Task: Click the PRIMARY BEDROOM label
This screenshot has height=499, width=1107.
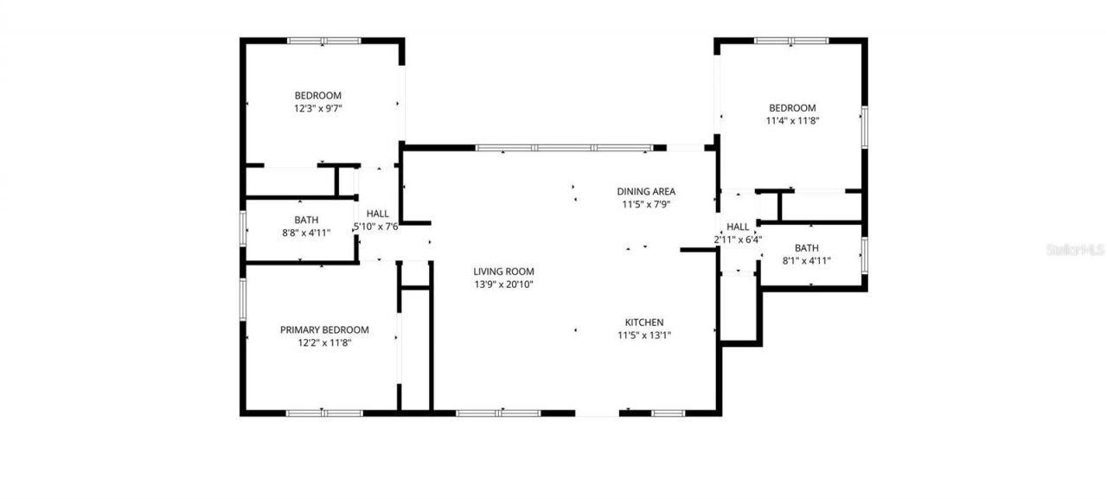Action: pyautogui.click(x=324, y=329)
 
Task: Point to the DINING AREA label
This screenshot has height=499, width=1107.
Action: pyautogui.click(x=646, y=191)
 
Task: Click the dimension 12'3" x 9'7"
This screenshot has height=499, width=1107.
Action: pyautogui.click(x=318, y=108)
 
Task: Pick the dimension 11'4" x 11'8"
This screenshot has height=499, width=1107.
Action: pyautogui.click(x=792, y=121)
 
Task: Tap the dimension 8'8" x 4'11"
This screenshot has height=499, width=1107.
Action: pyautogui.click(x=307, y=232)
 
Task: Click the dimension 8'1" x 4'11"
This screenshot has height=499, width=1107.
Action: pyautogui.click(x=806, y=260)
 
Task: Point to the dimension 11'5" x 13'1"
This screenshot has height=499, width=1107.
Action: pyautogui.click(x=644, y=336)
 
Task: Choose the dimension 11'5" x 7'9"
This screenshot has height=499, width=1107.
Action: pyautogui.click(x=646, y=205)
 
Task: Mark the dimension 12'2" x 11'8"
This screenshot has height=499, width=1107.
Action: pyautogui.click(x=324, y=342)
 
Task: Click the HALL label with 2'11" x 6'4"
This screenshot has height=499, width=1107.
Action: pyautogui.click(x=738, y=227)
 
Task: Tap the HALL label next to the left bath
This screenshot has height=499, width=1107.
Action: pyautogui.click(x=378, y=214)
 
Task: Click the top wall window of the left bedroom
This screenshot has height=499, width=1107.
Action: pyautogui.click(x=323, y=40)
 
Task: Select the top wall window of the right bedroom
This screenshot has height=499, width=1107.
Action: pyautogui.click(x=791, y=40)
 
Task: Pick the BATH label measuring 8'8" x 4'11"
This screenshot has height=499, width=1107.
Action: pyautogui.click(x=306, y=220)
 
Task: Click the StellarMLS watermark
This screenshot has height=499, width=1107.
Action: pyautogui.click(x=1075, y=249)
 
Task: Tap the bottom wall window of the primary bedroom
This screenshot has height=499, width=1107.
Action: pyautogui.click(x=324, y=413)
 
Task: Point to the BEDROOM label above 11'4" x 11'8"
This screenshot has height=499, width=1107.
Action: pyautogui.click(x=792, y=108)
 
